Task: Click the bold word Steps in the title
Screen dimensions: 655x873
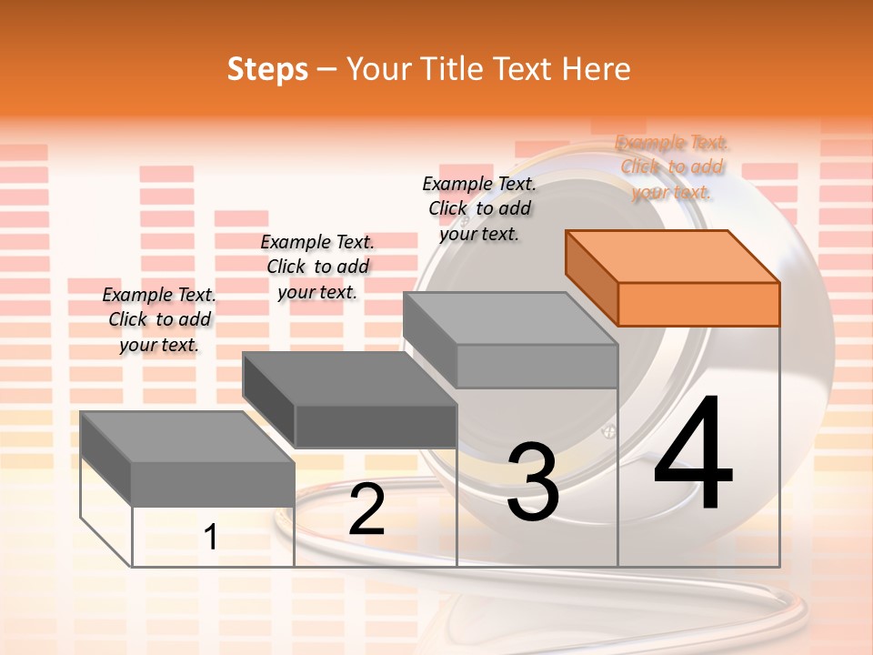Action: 267,69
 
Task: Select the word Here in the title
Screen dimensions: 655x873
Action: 596,69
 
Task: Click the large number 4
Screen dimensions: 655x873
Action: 693,455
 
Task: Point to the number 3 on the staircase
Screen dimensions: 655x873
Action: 533,482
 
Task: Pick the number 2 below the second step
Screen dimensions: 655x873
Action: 366,510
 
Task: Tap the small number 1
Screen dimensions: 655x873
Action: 211,538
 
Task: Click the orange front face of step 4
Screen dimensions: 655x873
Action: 698,304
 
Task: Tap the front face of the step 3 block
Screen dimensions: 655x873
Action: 537,367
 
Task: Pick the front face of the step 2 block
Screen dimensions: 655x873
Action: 376,426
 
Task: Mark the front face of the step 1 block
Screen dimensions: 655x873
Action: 213,484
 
